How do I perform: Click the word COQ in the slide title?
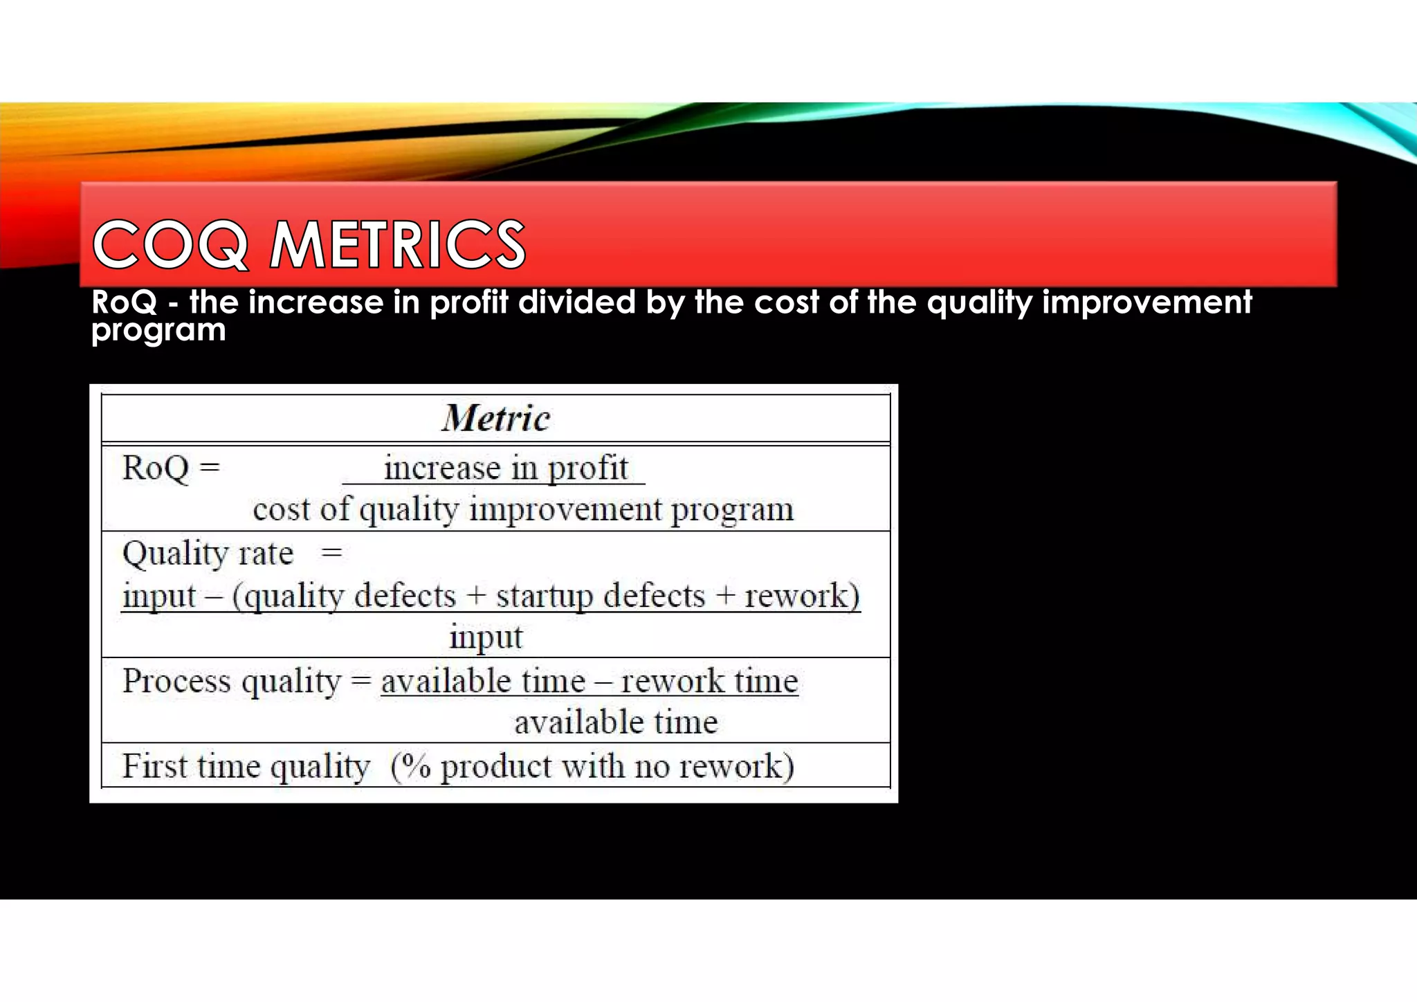point(170,244)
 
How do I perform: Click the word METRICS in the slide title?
point(398,244)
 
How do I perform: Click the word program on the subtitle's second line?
point(158,331)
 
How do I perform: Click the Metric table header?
point(496,418)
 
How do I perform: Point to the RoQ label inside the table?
point(156,468)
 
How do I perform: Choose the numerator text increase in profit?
point(506,468)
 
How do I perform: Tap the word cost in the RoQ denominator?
point(281,510)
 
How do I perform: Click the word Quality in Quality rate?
point(175,554)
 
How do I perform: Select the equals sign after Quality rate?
point(331,553)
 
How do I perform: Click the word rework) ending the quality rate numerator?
point(802,596)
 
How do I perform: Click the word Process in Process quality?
point(176,681)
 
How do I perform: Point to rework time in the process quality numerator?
point(709,681)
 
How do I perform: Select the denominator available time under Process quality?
point(616,722)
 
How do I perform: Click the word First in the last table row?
point(155,767)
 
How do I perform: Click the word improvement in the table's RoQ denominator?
point(565,510)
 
